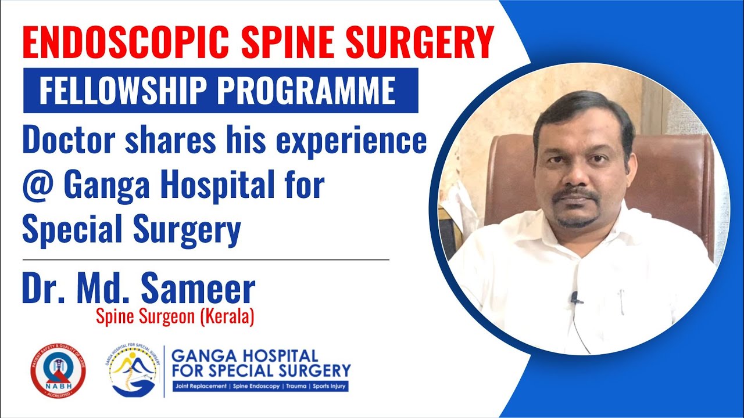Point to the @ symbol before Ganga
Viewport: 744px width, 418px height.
[38, 187]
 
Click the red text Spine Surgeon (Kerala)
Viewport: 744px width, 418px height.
[175, 318]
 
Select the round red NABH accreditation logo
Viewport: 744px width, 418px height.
[58, 370]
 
